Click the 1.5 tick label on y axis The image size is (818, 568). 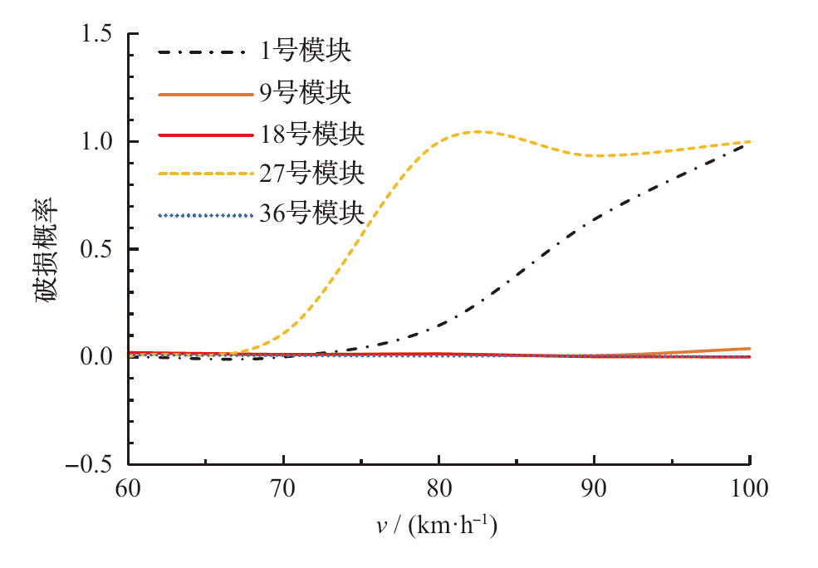point(100,34)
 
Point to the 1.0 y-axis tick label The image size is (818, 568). point(100,141)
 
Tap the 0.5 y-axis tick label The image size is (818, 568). point(100,249)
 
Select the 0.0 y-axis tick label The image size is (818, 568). point(100,357)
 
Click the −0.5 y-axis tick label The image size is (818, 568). point(93,464)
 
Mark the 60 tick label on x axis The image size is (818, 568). point(128,488)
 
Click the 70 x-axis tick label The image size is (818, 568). point(283,488)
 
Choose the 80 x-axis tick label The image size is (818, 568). point(438,488)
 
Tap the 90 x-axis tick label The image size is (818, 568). point(594,488)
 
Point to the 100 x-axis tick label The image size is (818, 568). point(749,488)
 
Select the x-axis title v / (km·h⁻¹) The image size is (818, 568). point(438,526)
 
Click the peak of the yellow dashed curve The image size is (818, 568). point(478,131)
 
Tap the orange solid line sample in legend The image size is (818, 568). point(204,95)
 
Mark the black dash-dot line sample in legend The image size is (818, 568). point(204,54)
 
